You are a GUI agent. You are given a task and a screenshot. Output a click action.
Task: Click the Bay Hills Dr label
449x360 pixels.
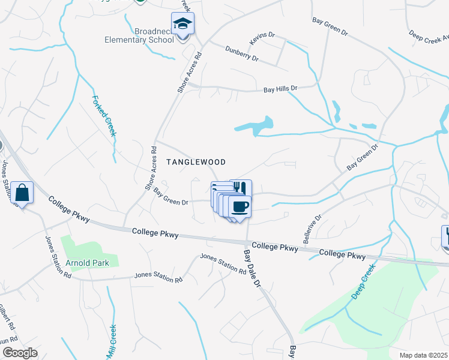point(280,89)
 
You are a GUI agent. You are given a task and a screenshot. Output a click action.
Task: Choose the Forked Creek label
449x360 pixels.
point(103,115)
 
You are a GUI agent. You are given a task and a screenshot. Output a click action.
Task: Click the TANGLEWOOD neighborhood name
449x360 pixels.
point(196,162)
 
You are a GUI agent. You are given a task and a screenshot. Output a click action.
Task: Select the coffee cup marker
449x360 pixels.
point(240,206)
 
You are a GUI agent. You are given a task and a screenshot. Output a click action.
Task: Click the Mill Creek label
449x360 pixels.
point(111,340)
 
